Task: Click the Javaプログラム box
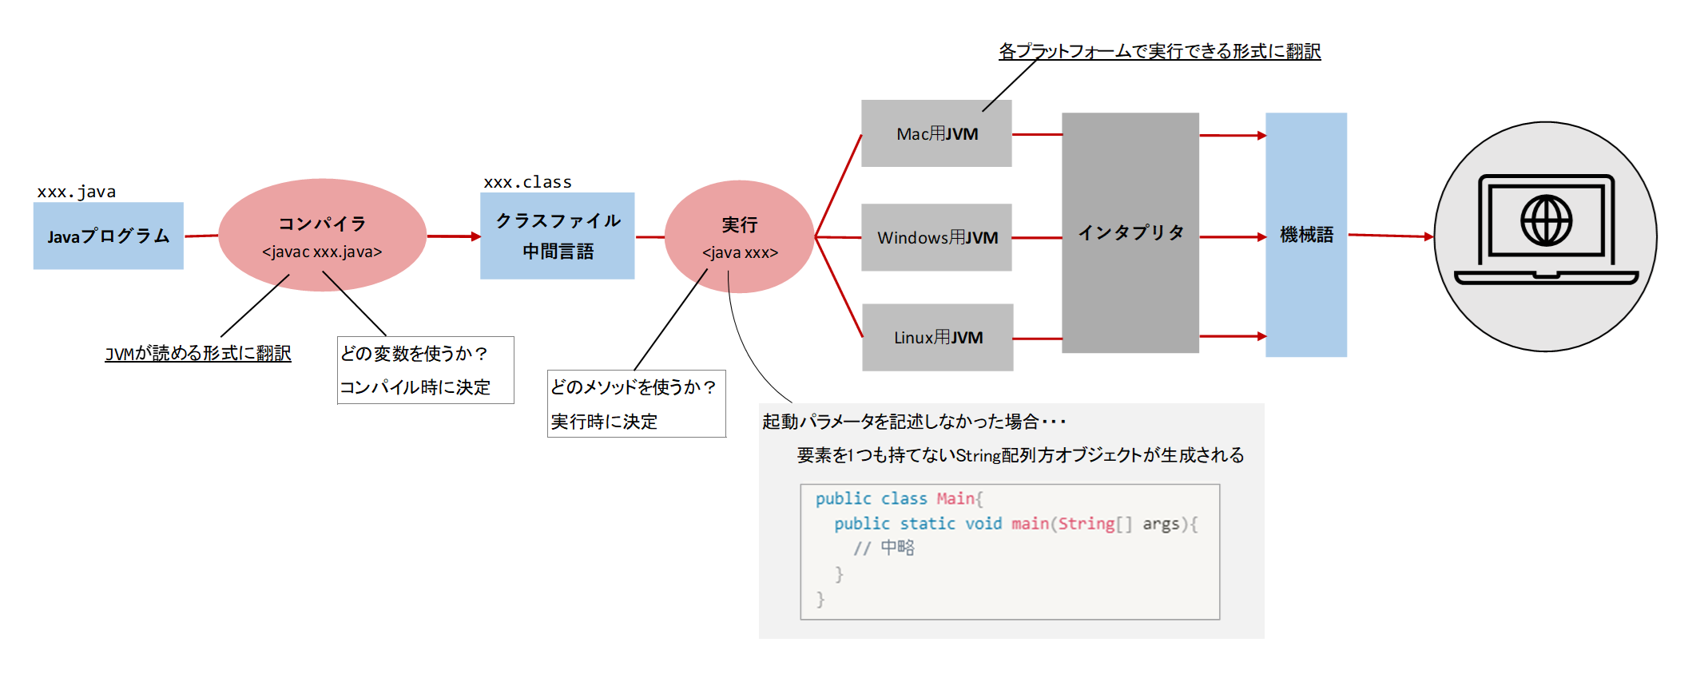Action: tap(108, 236)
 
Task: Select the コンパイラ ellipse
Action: tap(322, 235)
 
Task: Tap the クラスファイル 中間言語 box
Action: tap(557, 236)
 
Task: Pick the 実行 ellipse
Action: tap(739, 236)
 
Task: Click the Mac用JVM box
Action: tap(936, 133)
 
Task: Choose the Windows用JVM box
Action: tap(936, 237)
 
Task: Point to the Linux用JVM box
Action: tap(937, 337)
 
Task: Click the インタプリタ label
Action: tap(1130, 232)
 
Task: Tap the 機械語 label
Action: tap(1306, 235)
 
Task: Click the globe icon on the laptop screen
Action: tap(1546, 221)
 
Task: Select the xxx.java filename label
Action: tap(76, 192)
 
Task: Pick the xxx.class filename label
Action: tap(527, 182)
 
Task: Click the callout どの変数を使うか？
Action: tap(414, 353)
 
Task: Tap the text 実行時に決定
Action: tap(604, 422)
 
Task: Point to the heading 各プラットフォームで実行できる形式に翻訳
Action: tap(1159, 51)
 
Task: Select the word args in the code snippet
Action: tap(1160, 524)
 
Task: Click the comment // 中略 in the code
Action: tap(884, 548)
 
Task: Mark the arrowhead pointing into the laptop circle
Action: tap(1429, 236)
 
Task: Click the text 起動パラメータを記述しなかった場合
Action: tap(900, 422)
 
